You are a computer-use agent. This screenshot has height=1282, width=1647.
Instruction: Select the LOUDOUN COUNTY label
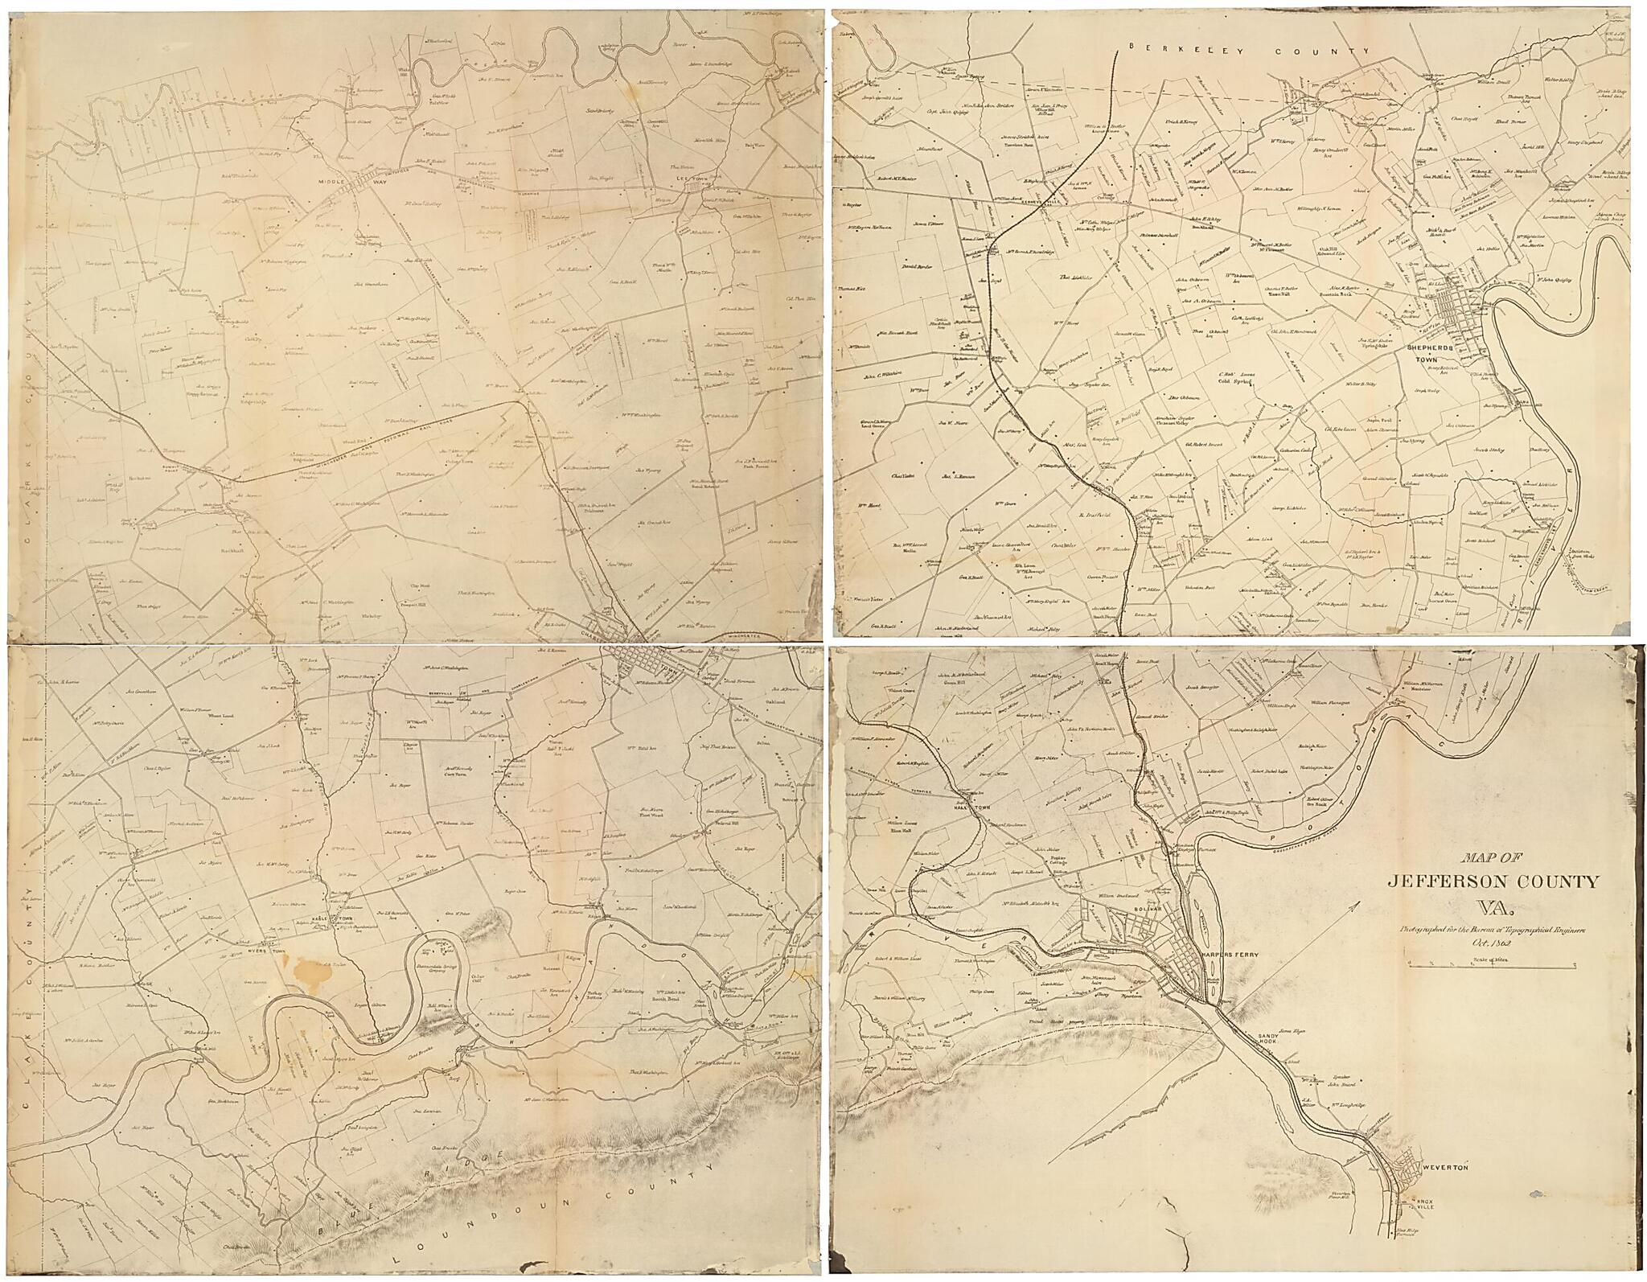click(x=563, y=1222)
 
